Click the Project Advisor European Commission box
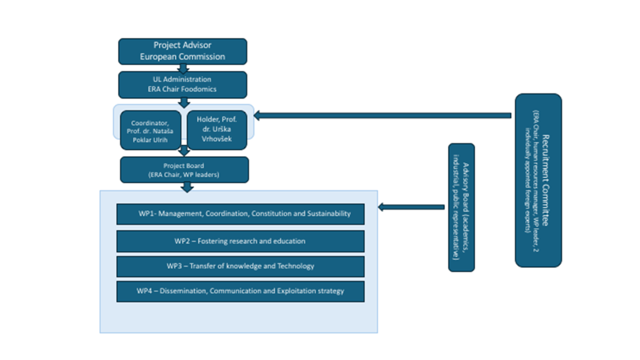coord(182,51)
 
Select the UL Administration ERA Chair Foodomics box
coord(182,84)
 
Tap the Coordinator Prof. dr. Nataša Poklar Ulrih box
coord(150,129)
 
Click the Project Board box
coord(184,170)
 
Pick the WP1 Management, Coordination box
coord(240,214)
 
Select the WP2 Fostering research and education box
coord(240,241)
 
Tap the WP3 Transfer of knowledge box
coord(240,266)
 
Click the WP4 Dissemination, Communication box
coord(240,291)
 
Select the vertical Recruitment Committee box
coord(538,180)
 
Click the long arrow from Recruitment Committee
coord(384,115)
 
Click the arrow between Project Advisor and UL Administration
coord(183,68)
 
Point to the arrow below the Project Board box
coord(188,187)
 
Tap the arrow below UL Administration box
coord(185,102)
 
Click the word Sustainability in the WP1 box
coord(328,214)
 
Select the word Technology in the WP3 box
coord(295,266)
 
